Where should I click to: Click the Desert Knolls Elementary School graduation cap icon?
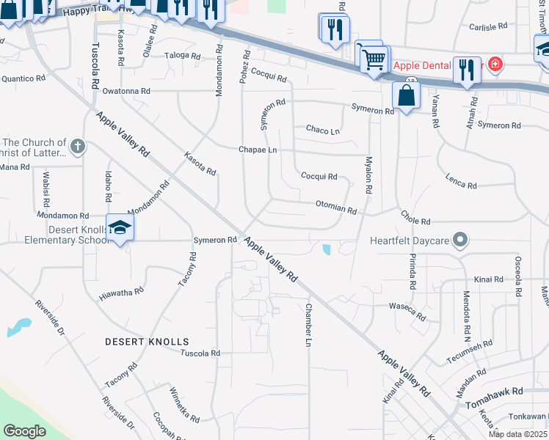click(x=120, y=227)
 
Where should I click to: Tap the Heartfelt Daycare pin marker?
click(x=460, y=240)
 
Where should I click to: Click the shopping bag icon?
click(x=406, y=95)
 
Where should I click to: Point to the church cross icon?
click(x=78, y=147)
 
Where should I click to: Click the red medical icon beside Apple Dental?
click(x=496, y=65)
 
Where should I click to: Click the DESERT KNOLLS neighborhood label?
click(x=147, y=342)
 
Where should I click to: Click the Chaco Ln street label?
click(x=323, y=131)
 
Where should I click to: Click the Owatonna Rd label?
click(x=126, y=91)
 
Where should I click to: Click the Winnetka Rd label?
click(x=183, y=406)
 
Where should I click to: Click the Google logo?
click(x=24, y=432)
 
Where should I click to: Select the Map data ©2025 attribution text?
click(x=517, y=434)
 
